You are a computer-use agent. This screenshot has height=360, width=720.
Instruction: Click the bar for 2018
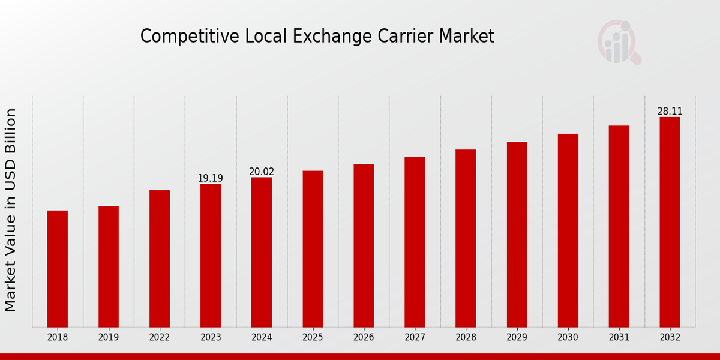(x=58, y=269)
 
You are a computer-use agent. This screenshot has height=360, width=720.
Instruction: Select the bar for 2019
(x=109, y=266)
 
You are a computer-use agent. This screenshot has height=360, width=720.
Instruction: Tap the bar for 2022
(x=160, y=258)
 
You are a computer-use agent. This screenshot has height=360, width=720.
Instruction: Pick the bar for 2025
(x=313, y=249)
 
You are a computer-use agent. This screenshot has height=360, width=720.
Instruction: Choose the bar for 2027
(x=415, y=242)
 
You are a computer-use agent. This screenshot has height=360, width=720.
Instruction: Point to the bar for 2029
(x=517, y=235)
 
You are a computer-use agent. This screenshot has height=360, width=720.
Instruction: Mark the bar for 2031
(x=619, y=226)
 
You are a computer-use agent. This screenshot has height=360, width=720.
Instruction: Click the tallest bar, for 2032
(x=670, y=222)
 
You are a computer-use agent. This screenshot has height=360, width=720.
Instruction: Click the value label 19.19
(x=211, y=178)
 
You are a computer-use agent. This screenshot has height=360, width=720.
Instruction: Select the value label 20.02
(x=262, y=172)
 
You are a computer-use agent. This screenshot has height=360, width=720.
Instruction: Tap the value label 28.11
(x=670, y=112)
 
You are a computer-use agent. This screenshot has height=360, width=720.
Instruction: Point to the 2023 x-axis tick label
(x=211, y=338)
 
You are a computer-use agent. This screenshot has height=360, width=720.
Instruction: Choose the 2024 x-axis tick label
(x=262, y=338)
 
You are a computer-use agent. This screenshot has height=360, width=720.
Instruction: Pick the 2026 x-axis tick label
(x=364, y=338)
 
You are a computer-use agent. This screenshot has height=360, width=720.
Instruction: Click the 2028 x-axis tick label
(x=466, y=338)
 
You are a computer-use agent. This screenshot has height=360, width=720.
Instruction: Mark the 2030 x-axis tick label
(x=568, y=338)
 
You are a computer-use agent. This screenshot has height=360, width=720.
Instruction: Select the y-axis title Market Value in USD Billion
(x=11, y=210)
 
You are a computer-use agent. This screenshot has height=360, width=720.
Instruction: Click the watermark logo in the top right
(x=619, y=42)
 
